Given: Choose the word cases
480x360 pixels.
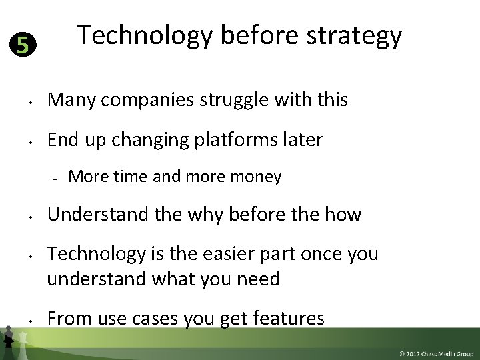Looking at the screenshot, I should [x=136, y=319].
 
